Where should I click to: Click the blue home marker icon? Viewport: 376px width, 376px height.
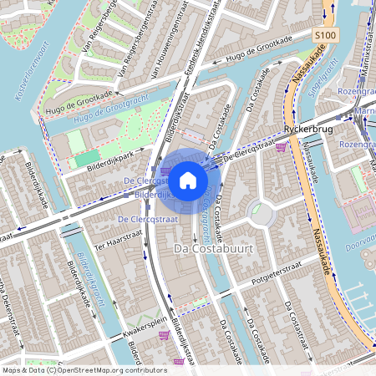click(188, 179)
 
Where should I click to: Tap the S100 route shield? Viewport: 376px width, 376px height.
click(327, 35)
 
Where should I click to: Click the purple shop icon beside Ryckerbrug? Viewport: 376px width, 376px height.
click(281, 147)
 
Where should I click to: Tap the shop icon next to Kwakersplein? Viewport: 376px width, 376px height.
click(164, 335)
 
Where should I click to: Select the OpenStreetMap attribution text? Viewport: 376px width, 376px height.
click(73, 369)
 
